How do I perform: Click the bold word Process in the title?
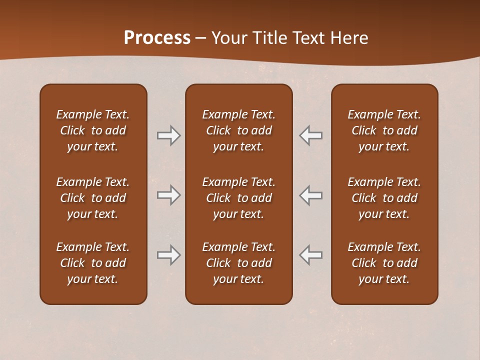[x=157, y=38]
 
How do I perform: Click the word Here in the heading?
[x=349, y=38]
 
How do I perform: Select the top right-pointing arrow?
[x=168, y=135]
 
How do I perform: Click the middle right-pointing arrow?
[x=168, y=195]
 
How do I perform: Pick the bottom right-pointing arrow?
[x=168, y=255]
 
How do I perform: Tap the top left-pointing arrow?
[x=311, y=135]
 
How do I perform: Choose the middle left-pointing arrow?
[x=311, y=195]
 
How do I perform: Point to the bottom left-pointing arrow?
[x=311, y=255]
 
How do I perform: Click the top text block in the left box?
[x=93, y=130]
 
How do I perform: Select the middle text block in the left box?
[x=93, y=198]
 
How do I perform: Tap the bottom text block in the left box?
[x=93, y=263]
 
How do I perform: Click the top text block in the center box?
[x=238, y=130]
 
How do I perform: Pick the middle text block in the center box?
[x=238, y=198]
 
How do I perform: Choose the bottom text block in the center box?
[x=238, y=263]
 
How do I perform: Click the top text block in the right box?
[x=384, y=130]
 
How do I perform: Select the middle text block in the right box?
[x=384, y=198]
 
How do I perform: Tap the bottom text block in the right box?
[x=384, y=263]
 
